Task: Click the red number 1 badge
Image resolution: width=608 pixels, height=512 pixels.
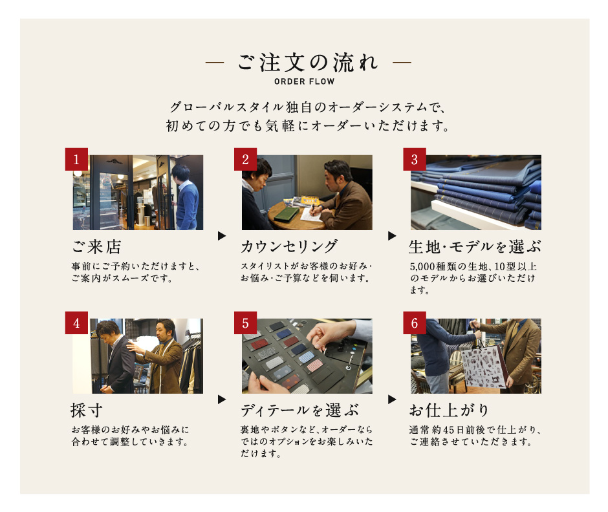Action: point(76,159)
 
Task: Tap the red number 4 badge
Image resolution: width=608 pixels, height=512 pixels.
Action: point(76,323)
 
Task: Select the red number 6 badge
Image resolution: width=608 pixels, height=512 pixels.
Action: point(415,323)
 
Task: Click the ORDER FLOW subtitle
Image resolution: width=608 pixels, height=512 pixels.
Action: point(305,82)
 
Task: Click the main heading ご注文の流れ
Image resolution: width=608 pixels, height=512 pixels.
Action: point(308,62)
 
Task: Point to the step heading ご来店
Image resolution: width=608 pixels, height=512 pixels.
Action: point(96,247)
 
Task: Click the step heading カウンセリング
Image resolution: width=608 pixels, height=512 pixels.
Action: point(289,247)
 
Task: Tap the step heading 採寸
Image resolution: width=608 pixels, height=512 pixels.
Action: point(87,411)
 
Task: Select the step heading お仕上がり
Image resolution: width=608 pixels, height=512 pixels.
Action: point(449,411)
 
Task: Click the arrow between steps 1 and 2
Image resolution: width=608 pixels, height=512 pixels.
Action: point(222,236)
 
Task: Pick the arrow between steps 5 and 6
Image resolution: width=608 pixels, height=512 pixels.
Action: point(392,400)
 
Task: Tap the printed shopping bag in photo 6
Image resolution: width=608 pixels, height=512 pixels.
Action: point(484,367)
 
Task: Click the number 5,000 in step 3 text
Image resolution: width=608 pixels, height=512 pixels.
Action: point(422,266)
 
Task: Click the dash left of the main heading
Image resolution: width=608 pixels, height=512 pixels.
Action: point(215,62)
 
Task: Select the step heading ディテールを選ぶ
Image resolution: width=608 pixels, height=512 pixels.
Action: point(299,411)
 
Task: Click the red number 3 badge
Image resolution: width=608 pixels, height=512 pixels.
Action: point(415,159)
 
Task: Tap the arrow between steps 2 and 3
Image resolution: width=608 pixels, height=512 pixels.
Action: point(392,236)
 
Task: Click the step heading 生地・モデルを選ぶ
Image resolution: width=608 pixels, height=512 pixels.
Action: point(475,247)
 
